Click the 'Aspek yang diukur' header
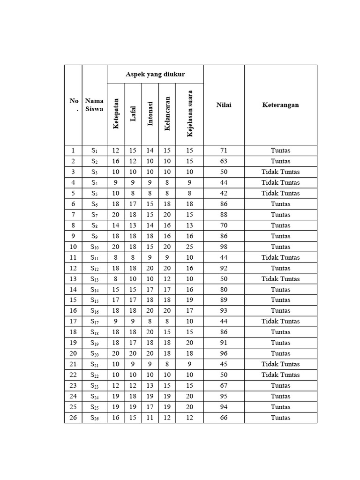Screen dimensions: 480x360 pos(155,74)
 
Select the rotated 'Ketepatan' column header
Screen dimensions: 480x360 pos(116,113)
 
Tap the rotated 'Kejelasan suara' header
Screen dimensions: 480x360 pos(189,113)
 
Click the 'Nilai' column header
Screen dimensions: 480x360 pos(224,105)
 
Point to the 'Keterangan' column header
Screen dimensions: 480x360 pos(280,105)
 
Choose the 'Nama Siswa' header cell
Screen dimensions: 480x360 pos(94,105)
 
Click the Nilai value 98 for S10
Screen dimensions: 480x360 pos(224,247)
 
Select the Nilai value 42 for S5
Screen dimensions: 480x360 pos(224,193)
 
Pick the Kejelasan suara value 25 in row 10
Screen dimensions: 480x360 pos(189,247)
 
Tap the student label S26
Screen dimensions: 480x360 pos(94,418)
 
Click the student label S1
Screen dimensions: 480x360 pos(94,150)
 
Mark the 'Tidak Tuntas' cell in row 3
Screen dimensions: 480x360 pos(280,172)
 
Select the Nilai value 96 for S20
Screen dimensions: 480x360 pos(224,353)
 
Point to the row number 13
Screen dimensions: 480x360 pos(73,279)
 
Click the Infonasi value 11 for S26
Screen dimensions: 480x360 pos(150,418)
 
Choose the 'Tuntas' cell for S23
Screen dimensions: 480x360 pos(280,385)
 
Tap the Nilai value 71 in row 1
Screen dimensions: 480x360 pos(224,150)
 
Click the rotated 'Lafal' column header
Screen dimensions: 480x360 pos(133,113)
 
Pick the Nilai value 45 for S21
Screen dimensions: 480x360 pos(224,364)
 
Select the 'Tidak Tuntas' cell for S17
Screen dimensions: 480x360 pos(280,321)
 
